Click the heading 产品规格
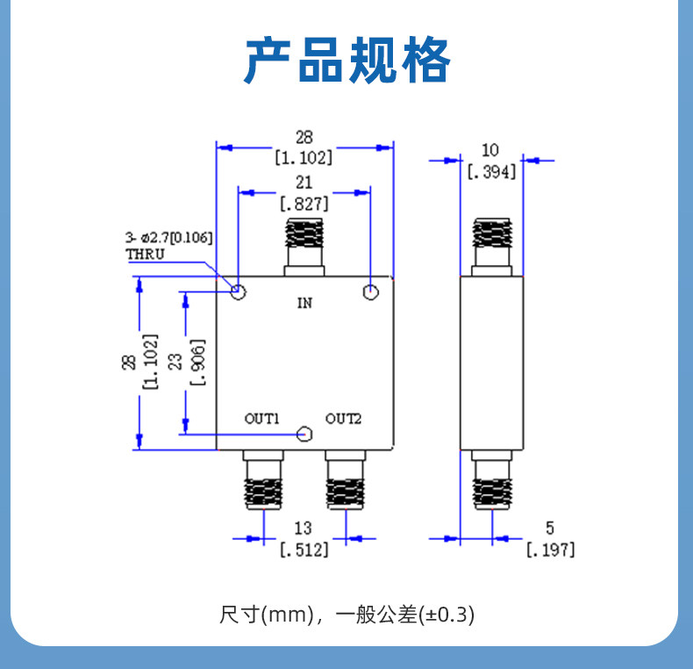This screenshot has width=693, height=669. pyautogui.click(x=347, y=61)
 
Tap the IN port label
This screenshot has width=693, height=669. pyautogui.click(x=304, y=303)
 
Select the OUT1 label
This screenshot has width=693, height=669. pyautogui.click(x=261, y=419)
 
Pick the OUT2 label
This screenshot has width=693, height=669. pyautogui.click(x=343, y=419)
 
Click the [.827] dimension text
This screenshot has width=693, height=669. pyautogui.click(x=304, y=204)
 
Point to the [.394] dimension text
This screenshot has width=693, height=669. pyautogui.click(x=492, y=172)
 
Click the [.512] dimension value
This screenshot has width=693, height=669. pyautogui.click(x=304, y=550)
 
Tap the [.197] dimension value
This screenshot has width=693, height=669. pyautogui.click(x=551, y=550)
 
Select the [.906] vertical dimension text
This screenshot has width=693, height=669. pyautogui.click(x=197, y=363)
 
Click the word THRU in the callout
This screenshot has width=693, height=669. pyautogui.click(x=145, y=255)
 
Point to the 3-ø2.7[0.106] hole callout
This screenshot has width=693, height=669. pyautogui.click(x=168, y=238)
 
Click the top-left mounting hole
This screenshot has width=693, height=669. pyautogui.click(x=239, y=291)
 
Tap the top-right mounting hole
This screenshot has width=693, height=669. pyautogui.click(x=370, y=291)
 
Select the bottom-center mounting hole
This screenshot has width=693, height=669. pyautogui.click(x=304, y=434)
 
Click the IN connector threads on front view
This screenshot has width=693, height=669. pyautogui.click(x=304, y=233)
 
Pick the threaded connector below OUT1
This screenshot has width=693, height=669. pyautogui.click(x=263, y=493)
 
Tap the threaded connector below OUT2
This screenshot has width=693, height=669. pyautogui.click(x=346, y=493)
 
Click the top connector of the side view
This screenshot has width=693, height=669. pyautogui.click(x=492, y=247)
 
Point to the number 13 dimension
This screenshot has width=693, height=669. pyautogui.click(x=304, y=529)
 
